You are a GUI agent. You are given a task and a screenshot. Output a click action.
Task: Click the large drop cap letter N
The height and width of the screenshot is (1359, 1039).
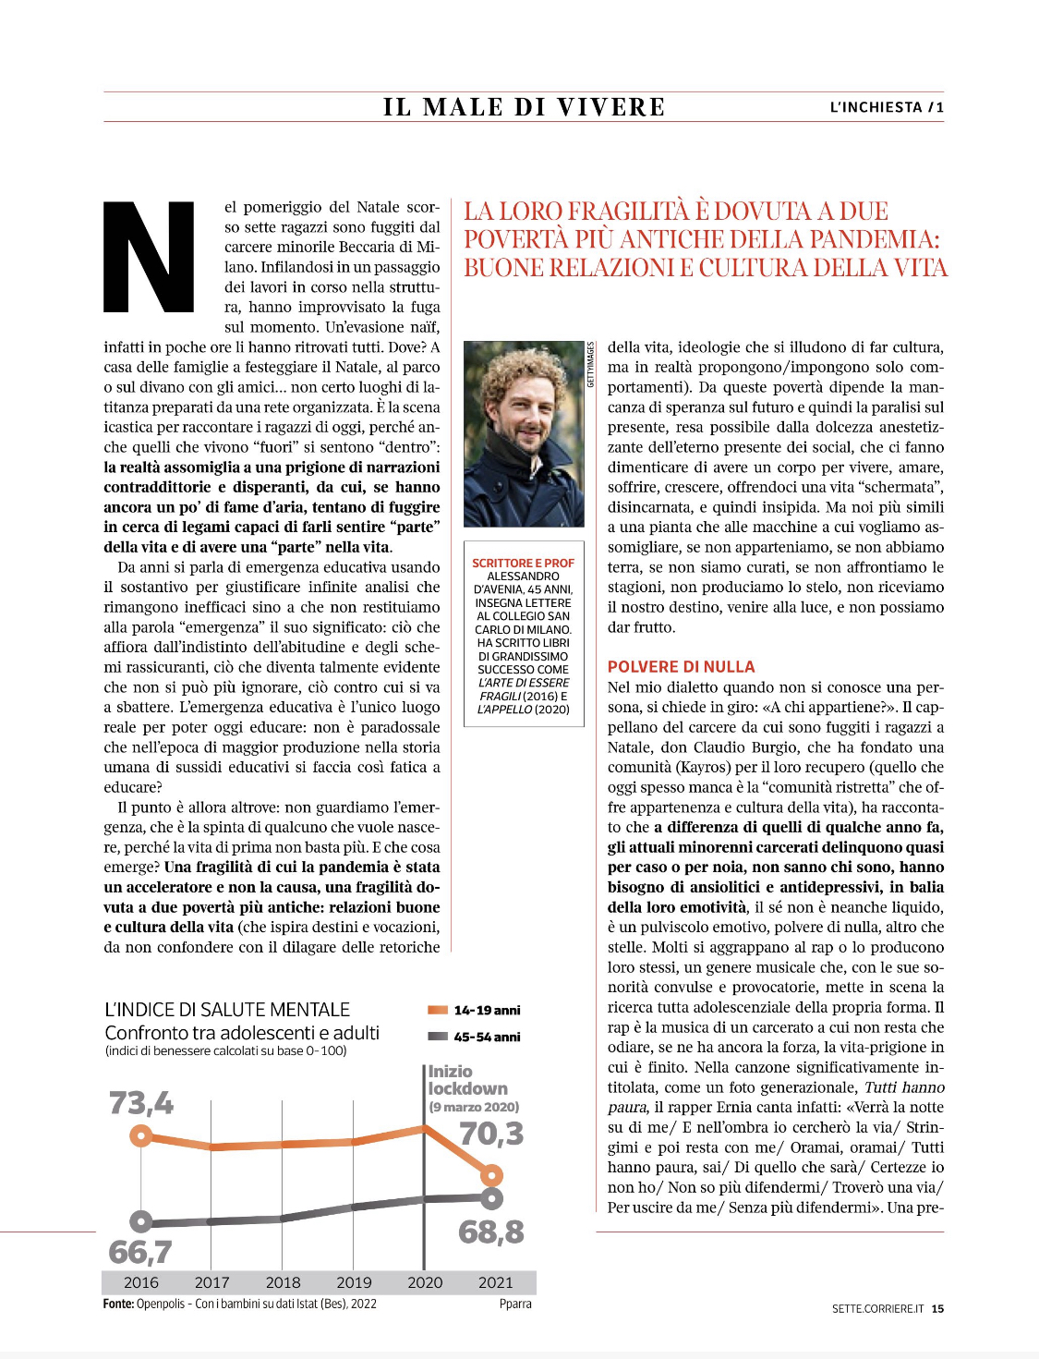(149, 257)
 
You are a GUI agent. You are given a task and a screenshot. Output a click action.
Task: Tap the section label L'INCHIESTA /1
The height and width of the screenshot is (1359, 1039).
(887, 107)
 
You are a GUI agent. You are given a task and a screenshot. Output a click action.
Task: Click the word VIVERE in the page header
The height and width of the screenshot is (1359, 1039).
(611, 107)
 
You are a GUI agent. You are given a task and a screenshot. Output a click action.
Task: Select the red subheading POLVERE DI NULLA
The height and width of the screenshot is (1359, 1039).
(681, 667)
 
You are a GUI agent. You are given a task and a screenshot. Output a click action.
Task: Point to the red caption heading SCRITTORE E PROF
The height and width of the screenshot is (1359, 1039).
(523, 563)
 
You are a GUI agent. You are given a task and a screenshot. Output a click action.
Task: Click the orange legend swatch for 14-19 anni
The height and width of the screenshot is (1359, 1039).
(438, 1010)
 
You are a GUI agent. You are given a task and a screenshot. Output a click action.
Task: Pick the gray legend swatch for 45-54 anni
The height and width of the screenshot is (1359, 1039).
(438, 1037)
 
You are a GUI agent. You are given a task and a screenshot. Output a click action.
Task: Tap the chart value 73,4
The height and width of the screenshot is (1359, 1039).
(141, 1103)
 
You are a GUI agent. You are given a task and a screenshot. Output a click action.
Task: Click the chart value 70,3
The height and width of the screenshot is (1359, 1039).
(491, 1134)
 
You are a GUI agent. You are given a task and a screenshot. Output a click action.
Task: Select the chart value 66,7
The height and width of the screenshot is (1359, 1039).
(140, 1252)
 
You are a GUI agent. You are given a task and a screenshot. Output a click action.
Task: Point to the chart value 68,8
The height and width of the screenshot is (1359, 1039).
(491, 1232)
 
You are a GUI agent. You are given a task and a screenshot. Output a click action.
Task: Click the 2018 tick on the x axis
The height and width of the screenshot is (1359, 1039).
(283, 1282)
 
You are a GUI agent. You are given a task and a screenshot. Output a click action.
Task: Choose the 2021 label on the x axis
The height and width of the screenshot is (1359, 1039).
(495, 1282)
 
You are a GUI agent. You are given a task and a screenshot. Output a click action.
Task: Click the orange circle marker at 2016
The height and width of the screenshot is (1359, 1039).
(141, 1135)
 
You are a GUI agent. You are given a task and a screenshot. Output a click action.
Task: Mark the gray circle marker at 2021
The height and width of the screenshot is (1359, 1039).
(492, 1198)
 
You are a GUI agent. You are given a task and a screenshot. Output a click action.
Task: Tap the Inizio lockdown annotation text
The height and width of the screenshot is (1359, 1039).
(467, 1080)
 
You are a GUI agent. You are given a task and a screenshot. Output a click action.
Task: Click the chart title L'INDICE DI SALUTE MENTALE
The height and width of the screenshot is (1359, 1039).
(227, 1010)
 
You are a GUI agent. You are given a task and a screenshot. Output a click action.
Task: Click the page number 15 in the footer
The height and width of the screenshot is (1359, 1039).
(937, 1308)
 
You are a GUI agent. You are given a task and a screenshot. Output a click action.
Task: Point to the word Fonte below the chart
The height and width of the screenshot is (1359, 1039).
(118, 1304)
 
